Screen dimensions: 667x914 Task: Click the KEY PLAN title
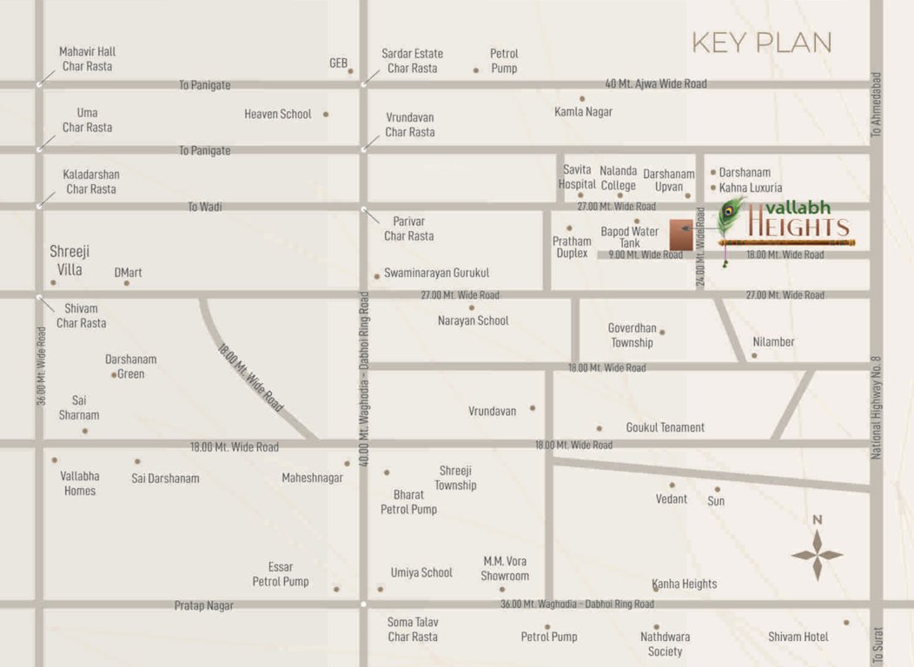(761, 43)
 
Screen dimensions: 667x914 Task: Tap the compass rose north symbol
(817, 554)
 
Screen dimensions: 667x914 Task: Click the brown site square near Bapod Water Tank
(681, 235)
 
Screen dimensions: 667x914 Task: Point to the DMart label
(128, 273)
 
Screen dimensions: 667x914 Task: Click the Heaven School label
(277, 114)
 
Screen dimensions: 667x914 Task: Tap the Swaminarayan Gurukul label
(436, 273)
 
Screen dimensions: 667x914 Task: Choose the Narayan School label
(473, 320)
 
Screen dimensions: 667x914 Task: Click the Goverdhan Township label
(632, 335)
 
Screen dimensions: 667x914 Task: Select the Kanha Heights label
(685, 584)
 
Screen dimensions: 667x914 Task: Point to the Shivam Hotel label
(798, 637)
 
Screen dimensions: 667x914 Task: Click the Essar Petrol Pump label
(281, 574)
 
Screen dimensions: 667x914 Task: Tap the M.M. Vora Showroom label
(505, 568)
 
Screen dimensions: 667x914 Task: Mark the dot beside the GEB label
(350, 71)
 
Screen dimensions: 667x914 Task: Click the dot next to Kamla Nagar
(582, 99)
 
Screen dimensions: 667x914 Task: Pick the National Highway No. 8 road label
(877, 407)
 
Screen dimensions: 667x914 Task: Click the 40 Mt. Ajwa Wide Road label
(655, 84)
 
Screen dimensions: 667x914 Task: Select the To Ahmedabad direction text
(876, 104)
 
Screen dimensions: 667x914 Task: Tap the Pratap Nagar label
(203, 605)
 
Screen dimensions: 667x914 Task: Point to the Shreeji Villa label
(70, 260)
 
